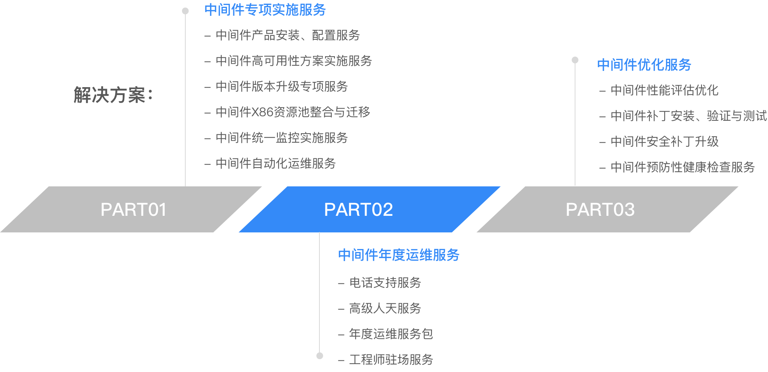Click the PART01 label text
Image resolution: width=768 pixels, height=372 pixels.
coord(133,210)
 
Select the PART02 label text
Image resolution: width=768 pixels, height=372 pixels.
coord(358,210)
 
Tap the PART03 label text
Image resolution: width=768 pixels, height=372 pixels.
coord(600,210)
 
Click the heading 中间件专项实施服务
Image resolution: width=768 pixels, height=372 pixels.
coord(265,10)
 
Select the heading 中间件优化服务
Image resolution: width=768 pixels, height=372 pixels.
coord(644,65)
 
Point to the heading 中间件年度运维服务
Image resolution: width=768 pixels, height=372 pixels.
coord(399,255)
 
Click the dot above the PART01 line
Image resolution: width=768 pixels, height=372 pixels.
coord(185,11)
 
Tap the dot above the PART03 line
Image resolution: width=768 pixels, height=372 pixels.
coord(575,60)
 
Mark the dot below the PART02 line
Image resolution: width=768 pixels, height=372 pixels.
coord(320,356)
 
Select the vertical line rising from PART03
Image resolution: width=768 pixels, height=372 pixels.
coord(575,125)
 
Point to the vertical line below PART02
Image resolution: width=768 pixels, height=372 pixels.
coord(319,294)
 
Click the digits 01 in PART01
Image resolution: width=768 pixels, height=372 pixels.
coord(157,210)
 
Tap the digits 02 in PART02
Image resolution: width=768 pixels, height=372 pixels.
coord(382,210)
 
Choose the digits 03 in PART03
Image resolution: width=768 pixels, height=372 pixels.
coord(624,210)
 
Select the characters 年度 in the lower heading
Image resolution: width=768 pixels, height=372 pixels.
coord(392,255)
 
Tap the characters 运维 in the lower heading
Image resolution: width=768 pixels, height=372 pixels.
coord(419,255)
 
